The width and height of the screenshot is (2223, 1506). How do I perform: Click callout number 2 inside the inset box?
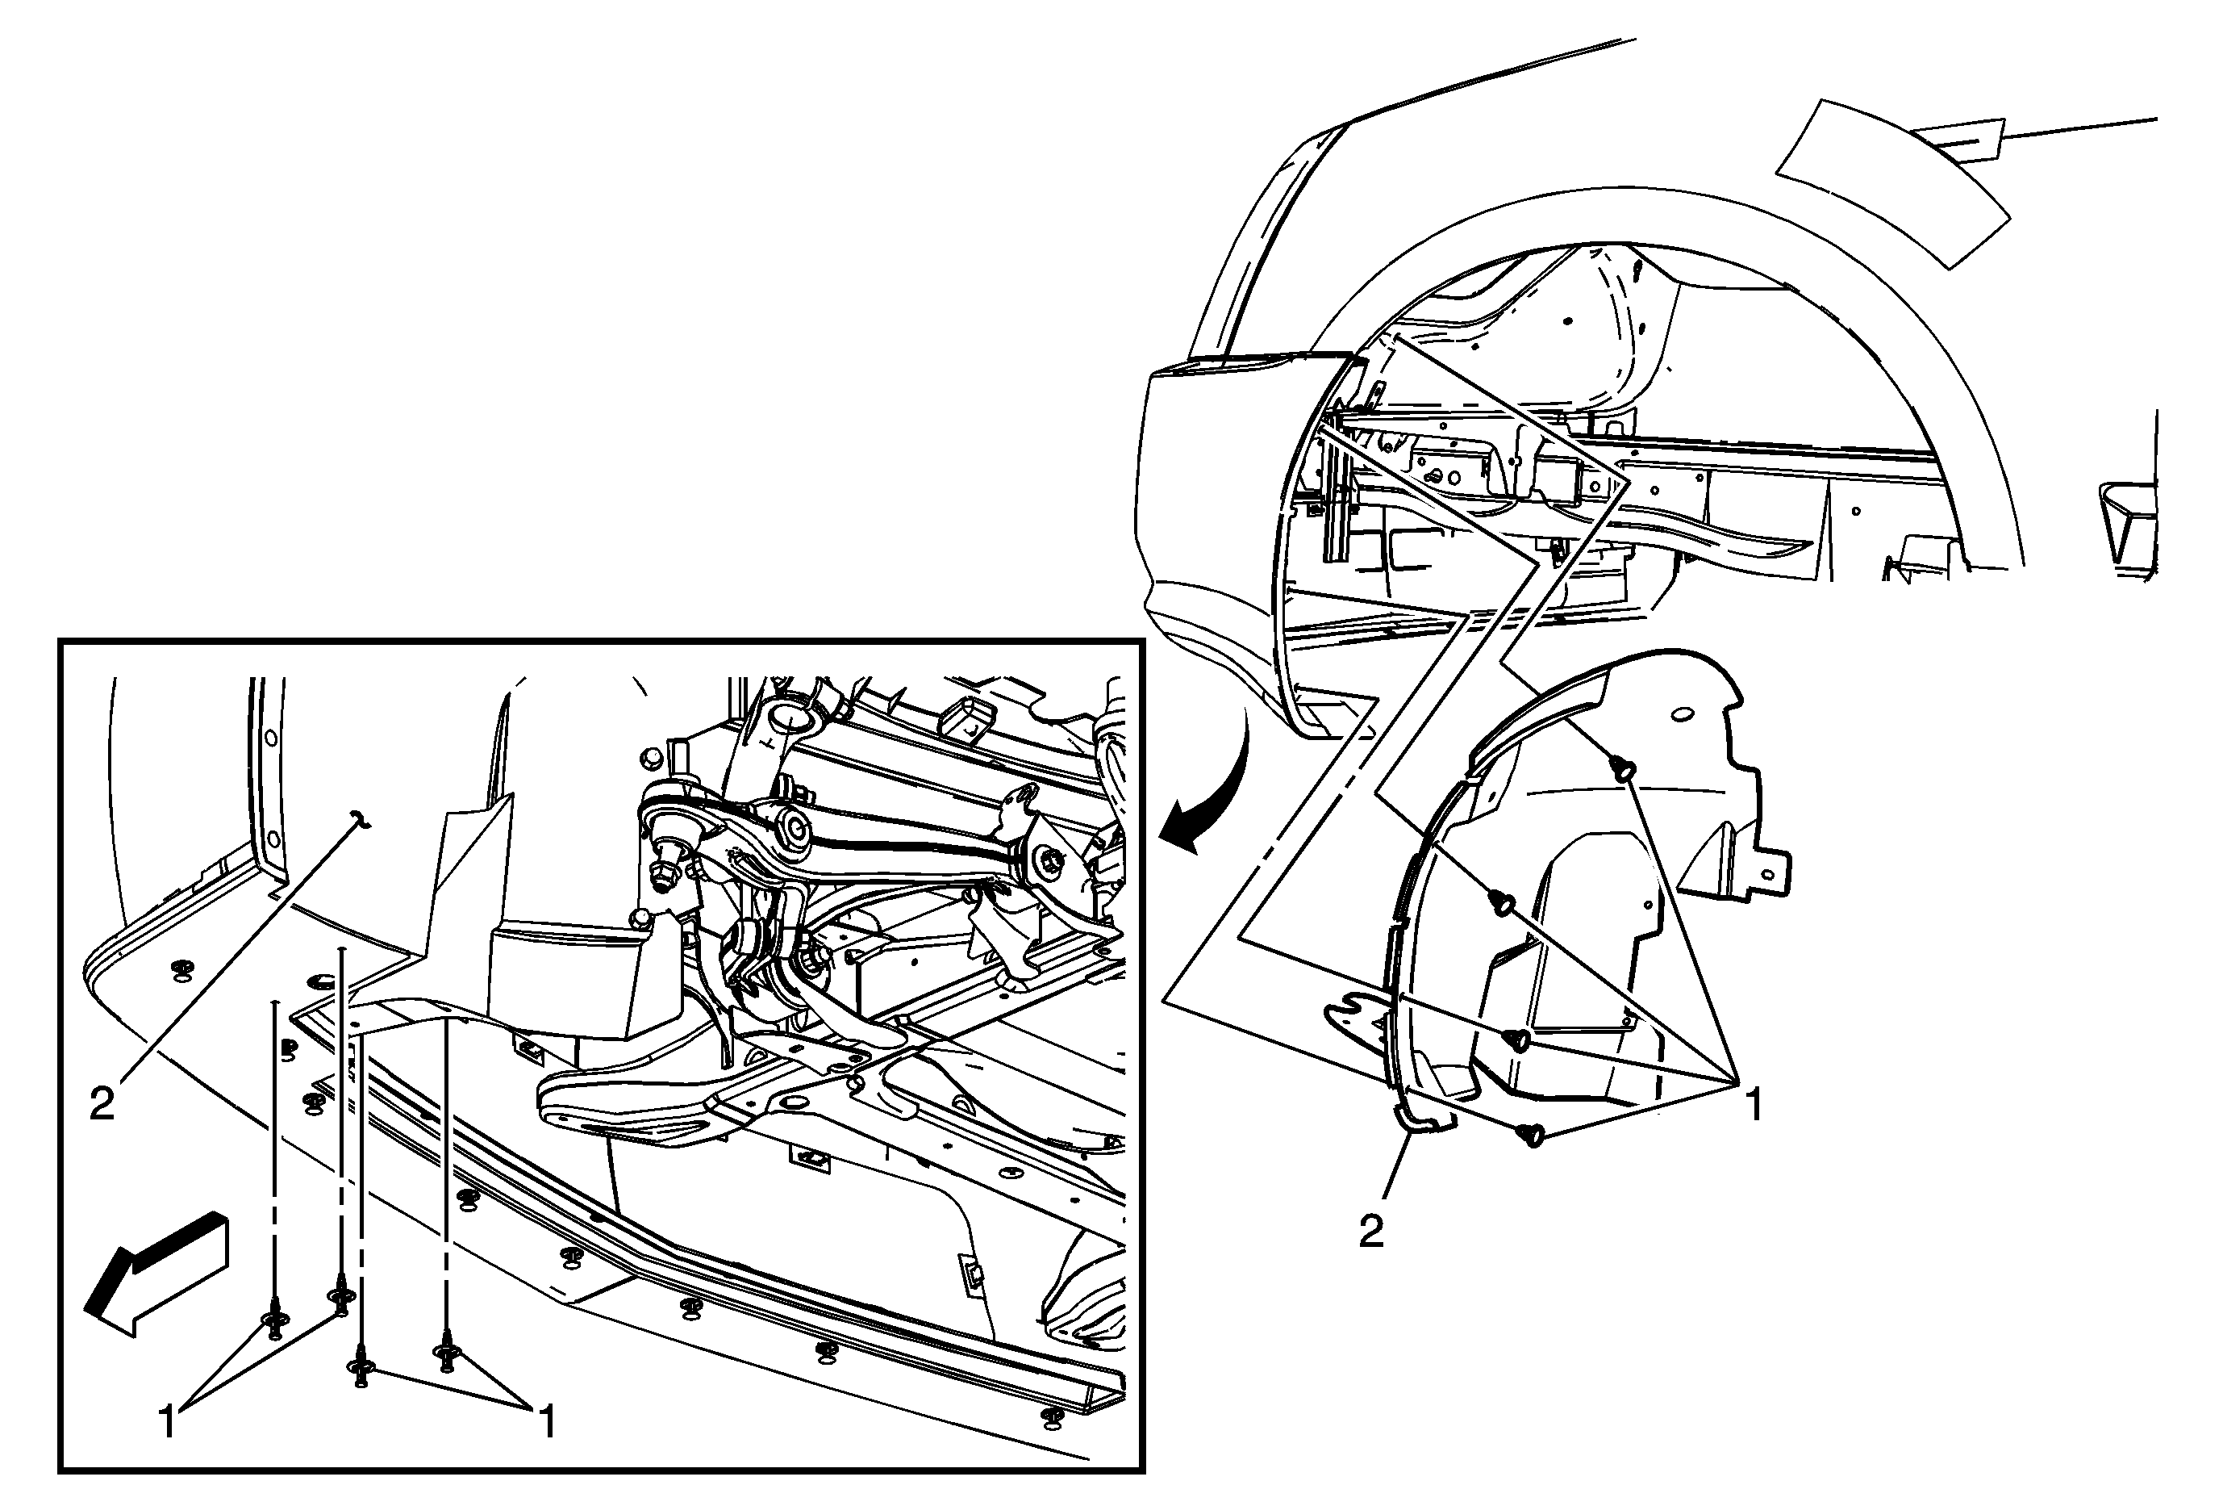pyautogui.click(x=102, y=1105)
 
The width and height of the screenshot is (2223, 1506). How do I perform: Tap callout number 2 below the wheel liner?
pyautogui.click(x=1372, y=1232)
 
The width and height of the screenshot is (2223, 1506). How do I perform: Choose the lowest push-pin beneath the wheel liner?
pyautogui.click(x=1533, y=1136)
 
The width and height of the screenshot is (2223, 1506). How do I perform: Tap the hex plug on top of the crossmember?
pyautogui.click(x=650, y=758)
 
